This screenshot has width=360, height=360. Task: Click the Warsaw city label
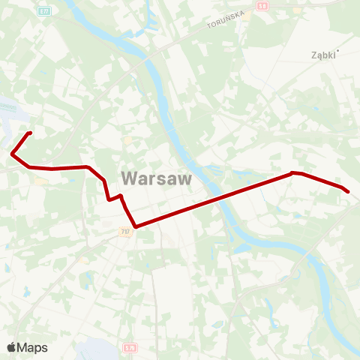click(156, 178)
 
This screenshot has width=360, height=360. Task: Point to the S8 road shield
click(263, 6)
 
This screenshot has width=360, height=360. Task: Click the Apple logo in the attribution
click(11, 347)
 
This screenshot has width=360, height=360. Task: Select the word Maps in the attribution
click(32, 347)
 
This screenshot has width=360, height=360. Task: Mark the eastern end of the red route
click(348, 192)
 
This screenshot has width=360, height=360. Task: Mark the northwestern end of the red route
click(29, 133)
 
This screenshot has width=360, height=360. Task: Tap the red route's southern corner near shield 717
click(135, 226)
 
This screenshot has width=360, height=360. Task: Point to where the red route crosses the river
click(217, 197)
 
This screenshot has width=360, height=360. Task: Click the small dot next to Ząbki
click(338, 51)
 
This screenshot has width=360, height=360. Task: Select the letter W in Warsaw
click(128, 178)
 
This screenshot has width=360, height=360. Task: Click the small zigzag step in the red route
click(114, 198)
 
